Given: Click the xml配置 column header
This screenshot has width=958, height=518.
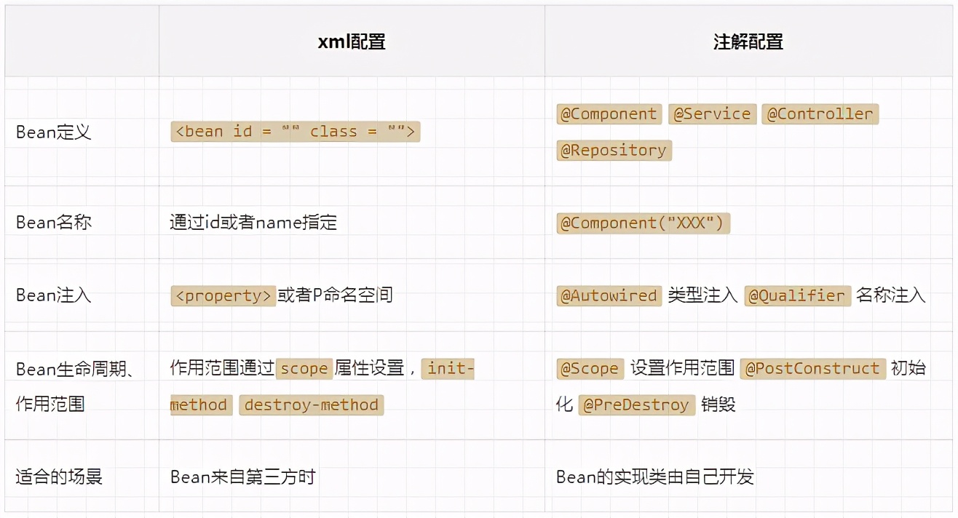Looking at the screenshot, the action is pos(352,41).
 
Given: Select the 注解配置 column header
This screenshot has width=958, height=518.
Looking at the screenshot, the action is pos(748,41).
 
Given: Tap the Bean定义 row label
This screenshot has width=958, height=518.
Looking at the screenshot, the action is pos(54,132).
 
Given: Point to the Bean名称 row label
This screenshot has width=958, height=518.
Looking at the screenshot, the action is pos(54,222).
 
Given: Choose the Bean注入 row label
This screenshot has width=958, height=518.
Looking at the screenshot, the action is pos(54,295).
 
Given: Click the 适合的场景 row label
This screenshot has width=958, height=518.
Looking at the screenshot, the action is pos(59,477).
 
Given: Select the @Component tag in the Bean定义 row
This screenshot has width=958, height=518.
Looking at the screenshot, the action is pos(609,114).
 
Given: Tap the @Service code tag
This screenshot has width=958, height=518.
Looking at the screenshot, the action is pos(712,114).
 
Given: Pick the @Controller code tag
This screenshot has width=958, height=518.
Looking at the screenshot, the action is pos(820,114).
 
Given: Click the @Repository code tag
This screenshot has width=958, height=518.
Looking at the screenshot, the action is pos(614,151).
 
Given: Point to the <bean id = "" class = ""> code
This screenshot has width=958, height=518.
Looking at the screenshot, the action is pos(296,132).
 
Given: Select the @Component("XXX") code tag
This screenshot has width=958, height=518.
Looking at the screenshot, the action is pos(643,223).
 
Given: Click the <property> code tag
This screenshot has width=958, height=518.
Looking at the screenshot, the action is pos(223,295).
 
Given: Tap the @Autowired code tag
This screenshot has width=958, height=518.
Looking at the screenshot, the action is pos(609,296).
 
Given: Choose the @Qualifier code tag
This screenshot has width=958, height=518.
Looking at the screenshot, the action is pos(797,296).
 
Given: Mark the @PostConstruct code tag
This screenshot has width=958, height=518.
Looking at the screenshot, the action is pos(812,368).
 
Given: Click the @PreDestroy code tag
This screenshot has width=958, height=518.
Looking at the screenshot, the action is pos(636,405).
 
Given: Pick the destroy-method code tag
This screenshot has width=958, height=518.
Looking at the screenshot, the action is pos(311,405).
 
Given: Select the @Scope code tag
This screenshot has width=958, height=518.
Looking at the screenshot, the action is pos(590,368).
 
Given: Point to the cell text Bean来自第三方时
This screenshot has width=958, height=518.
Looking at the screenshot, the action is pos(242,477).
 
